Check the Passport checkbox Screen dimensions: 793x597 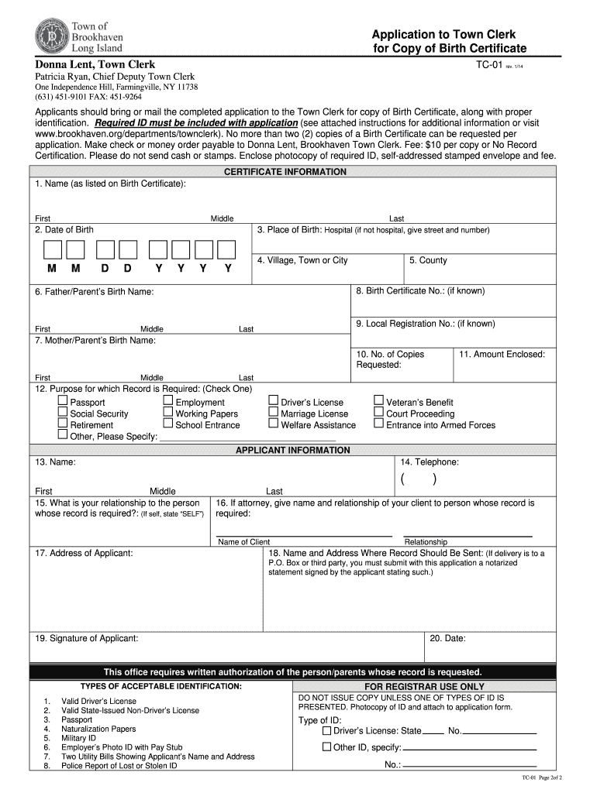(63, 401)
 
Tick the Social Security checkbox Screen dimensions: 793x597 (63, 413)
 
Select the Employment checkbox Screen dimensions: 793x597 (168, 401)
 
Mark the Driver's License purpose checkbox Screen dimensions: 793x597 (273, 401)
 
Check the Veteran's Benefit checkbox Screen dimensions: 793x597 (378, 401)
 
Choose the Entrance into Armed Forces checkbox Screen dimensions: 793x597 (378, 424)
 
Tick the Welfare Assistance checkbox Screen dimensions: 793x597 (273, 424)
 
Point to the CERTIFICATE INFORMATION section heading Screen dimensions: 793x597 (285, 172)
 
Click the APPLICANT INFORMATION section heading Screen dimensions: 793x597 (292, 450)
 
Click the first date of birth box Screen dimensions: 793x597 (52, 249)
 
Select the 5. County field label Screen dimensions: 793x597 (428, 260)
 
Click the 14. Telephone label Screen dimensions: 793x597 (430, 462)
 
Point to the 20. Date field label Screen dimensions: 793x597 (447, 638)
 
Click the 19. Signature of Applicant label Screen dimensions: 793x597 (86, 638)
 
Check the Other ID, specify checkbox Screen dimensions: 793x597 (326, 747)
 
